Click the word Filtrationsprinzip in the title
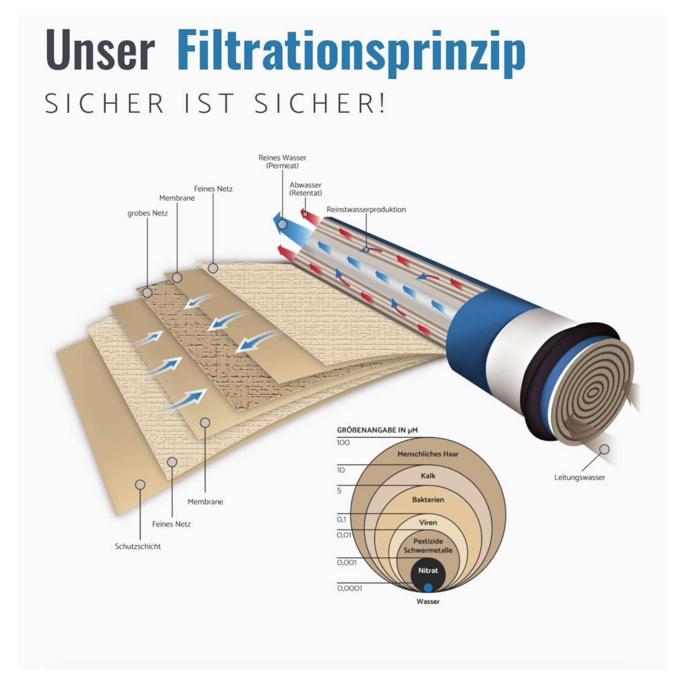pyautogui.click(x=351, y=52)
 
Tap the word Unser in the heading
pyautogui.click(x=100, y=50)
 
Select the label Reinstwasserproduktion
pyautogui.click(x=366, y=209)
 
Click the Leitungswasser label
pyautogui.click(x=579, y=477)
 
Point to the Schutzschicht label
pyautogui.click(x=138, y=546)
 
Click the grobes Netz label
pyautogui.click(x=148, y=213)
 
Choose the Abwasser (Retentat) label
pyautogui.click(x=306, y=189)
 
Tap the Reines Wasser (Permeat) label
pyautogui.click(x=282, y=162)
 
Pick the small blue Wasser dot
pyautogui.click(x=428, y=587)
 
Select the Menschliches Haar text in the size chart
pyautogui.click(x=428, y=454)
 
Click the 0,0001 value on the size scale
pyautogui.click(x=350, y=588)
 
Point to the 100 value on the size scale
pyautogui.click(x=343, y=442)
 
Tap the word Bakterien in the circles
pyautogui.click(x=428, y=500)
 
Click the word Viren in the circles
pyautogui.click(x=428, y=523)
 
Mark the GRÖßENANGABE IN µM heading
pyautogui.click(x=377, y=430)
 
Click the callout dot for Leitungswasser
pyautogui.click(x=605, y=449)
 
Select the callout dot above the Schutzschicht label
pyautogui.click(x=140, y=485)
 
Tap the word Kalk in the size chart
pyautogui.click(x=428, y=476)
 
